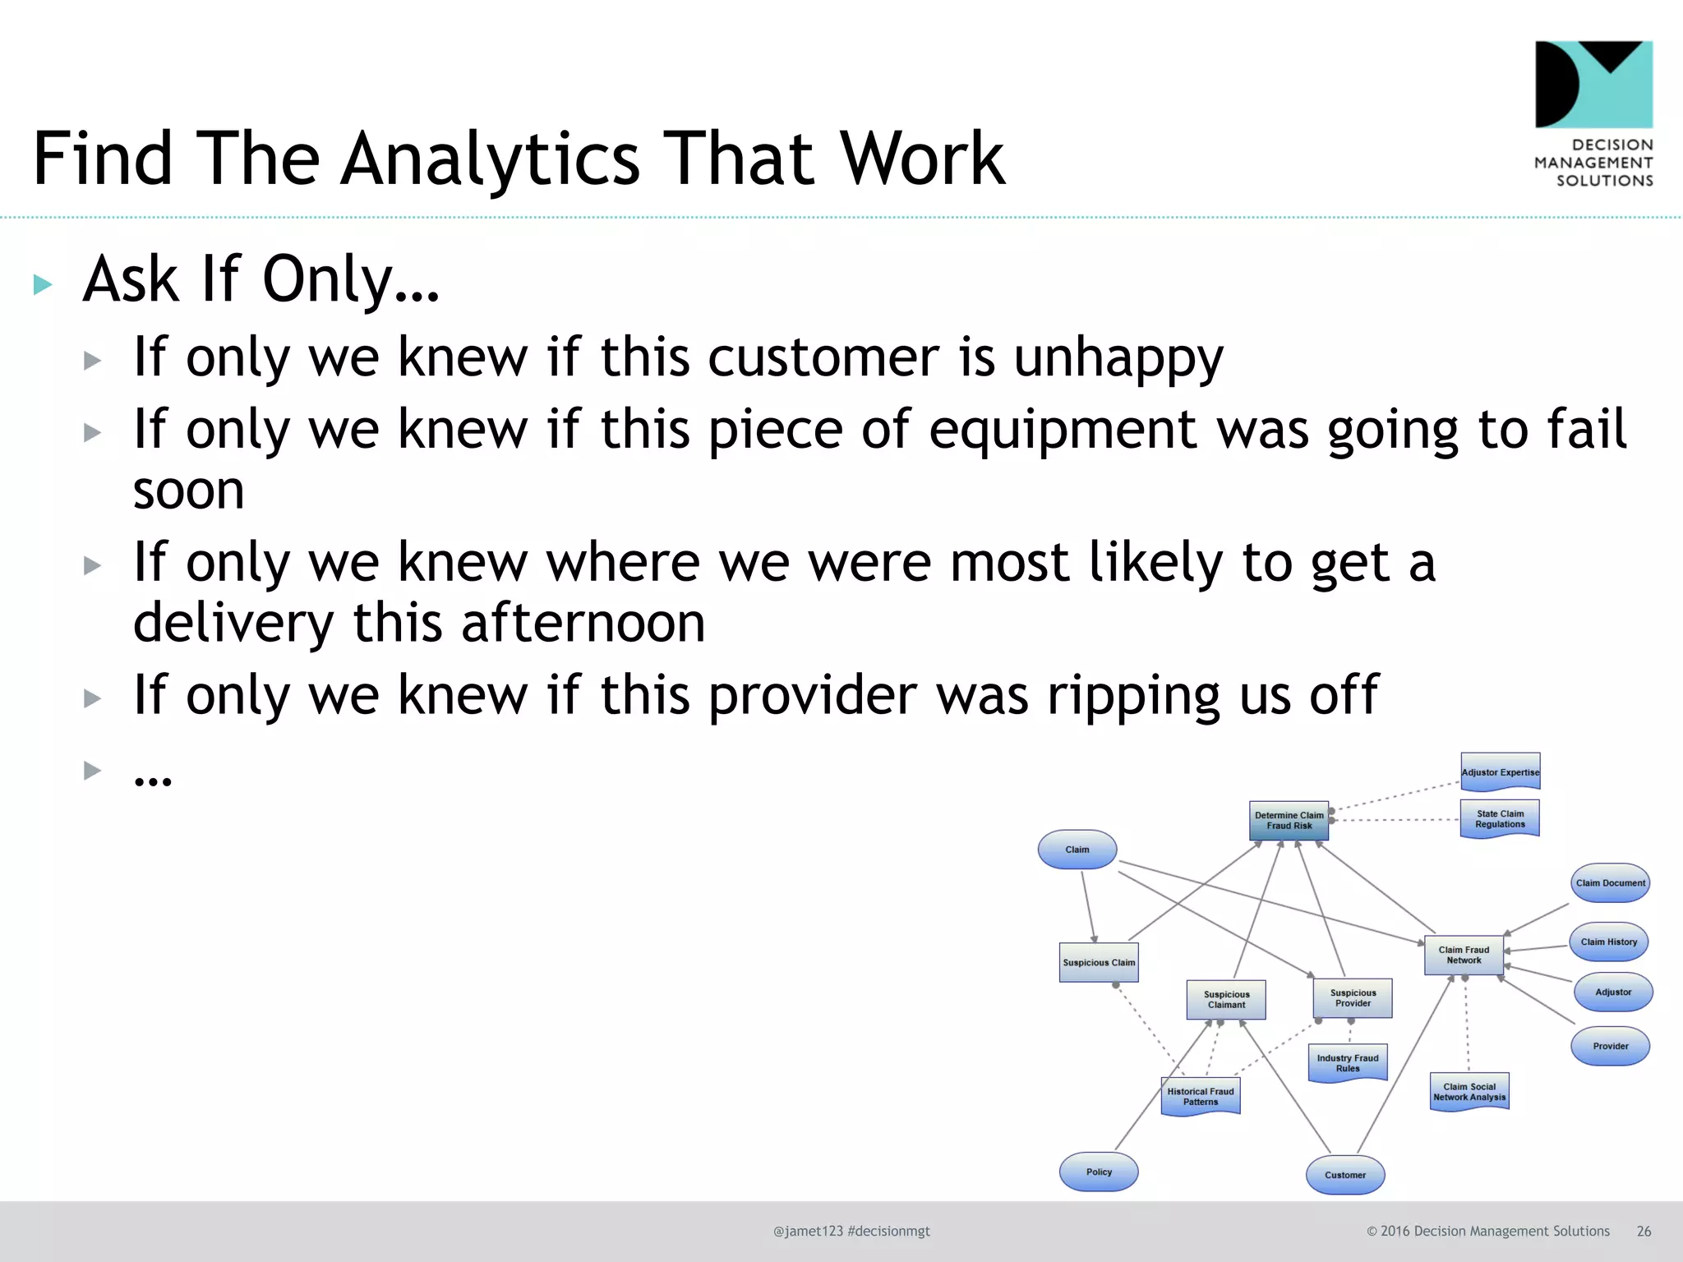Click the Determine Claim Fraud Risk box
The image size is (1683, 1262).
1289,820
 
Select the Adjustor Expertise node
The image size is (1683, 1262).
1500,772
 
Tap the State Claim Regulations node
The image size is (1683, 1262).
1500,818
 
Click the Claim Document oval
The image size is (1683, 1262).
1610,883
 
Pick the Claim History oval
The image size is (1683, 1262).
1608,942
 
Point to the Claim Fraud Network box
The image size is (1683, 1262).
1464,955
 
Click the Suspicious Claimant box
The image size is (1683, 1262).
1226,999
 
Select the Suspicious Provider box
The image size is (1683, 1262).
1353,997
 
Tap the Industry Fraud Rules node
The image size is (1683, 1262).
1348,1062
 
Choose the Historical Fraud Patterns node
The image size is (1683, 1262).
1201,1096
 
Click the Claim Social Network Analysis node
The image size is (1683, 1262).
1469,1091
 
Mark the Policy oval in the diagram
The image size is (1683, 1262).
1099,1172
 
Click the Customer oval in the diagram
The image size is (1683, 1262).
1345,1175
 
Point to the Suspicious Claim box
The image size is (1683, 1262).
1099,962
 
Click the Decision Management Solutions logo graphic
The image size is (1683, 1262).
1593,85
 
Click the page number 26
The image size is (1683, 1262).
1644,1231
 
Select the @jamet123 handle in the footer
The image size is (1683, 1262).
808,1231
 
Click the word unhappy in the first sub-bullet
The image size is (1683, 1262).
1118,358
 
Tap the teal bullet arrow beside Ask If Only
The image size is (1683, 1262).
43,284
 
